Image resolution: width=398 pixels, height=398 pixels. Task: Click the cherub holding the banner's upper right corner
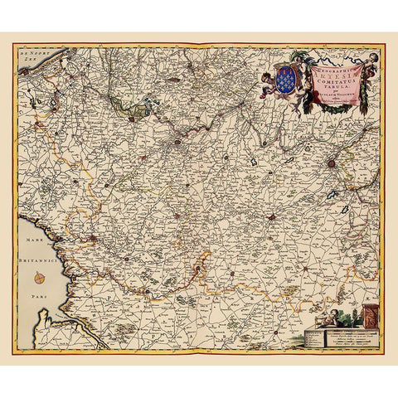tap(371, 59)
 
